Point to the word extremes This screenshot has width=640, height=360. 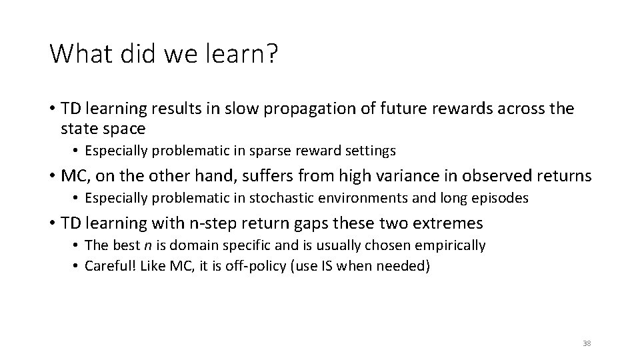tap(447, 223)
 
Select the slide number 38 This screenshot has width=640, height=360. tap(586, 343)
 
